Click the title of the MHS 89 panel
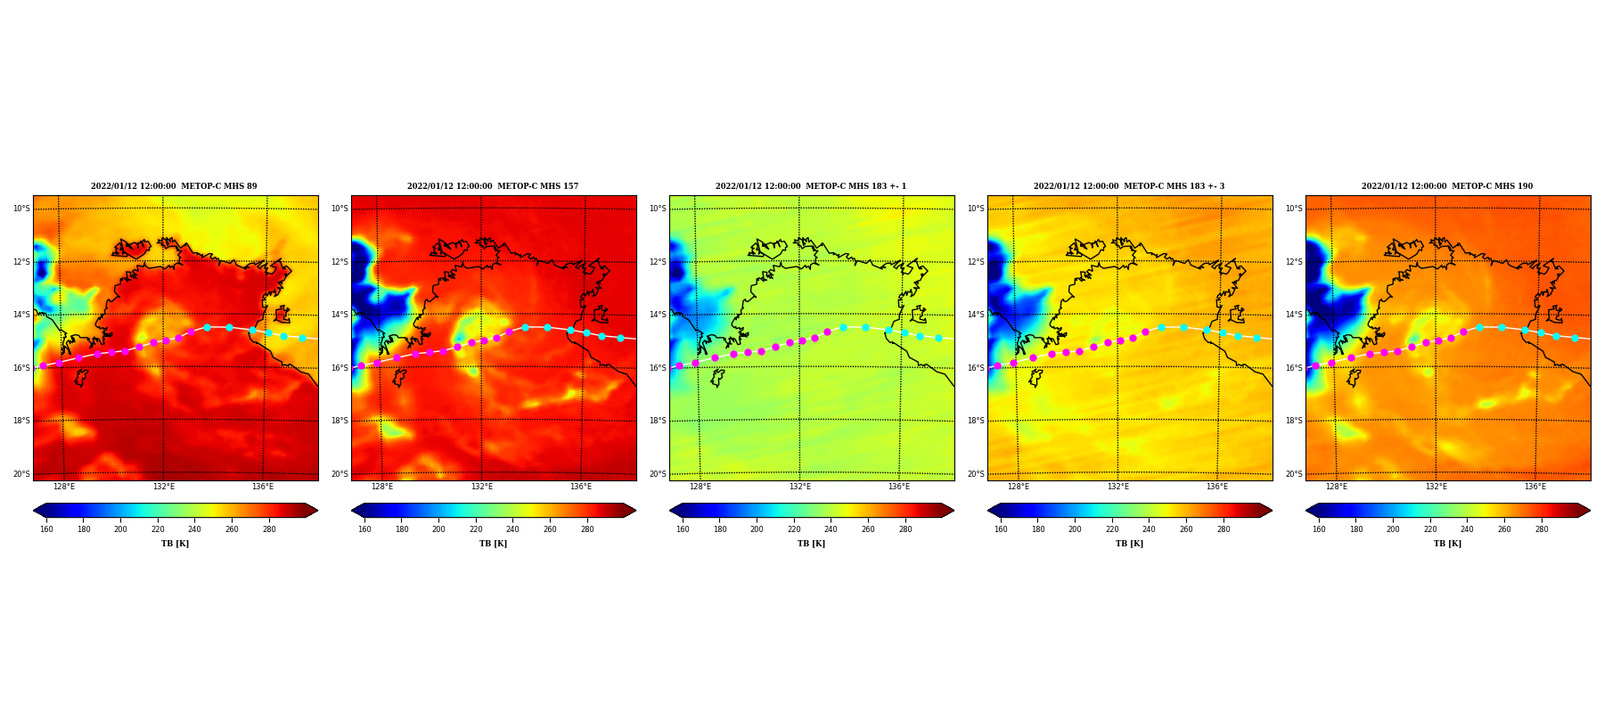click(x=174, y=186)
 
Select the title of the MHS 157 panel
click(x=493, y=186)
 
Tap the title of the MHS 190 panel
click(x=1447, y=186)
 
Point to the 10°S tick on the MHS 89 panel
click(x=21, y=209)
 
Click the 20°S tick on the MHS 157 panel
click(x=340, y=474)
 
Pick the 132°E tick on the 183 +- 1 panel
click(x=800, y=487)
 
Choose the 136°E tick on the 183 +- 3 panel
click(x=1217, y=487)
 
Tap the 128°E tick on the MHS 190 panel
click(x=1337, y=487)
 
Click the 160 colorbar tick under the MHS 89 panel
click(x=46, y=529)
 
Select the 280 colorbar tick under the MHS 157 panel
click(x=587, y=529)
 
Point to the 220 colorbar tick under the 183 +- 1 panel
click(x=794, y=529)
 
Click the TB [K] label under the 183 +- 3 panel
click(x=1129, y=544)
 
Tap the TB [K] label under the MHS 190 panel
click(x=1447, y=544)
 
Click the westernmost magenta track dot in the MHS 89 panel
click(x=43, y=365)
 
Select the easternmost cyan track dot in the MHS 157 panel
click(x=620, y=338)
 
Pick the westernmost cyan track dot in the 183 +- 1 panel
click(x=843, y=327)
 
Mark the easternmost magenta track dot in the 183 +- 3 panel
click(x=1145, y=332)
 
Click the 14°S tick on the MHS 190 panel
click(x=1294, y=315)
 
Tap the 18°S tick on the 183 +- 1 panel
click(x=658, y=421)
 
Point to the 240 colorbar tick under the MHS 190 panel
click(x=1467, y=529)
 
